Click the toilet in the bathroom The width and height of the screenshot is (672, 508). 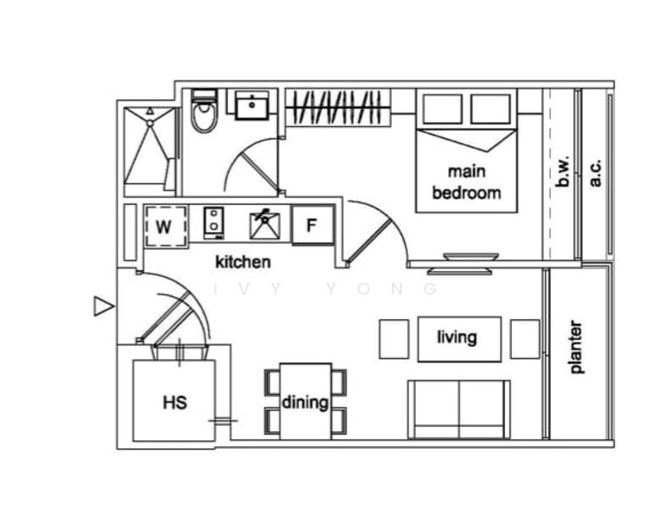click(x=203, y=111)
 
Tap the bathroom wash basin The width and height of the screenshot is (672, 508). click(x=252, y=105)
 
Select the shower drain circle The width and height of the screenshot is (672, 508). click(x=150, y=124)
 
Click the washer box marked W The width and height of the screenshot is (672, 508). click(x=166, y=226)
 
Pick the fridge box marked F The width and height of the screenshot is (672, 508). click(x=313, y=225)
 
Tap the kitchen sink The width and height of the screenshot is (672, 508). click(x=265, y=224)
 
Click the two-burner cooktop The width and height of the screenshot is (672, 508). click(x=214, y=224)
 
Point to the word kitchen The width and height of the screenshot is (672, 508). click(x=243, y=262)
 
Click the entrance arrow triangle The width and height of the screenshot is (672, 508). click(x=103, y=306)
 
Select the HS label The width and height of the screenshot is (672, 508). click(x=175, y=403)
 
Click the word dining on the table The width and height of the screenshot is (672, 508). click(x=305, y=402)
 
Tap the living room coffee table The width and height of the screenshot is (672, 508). click(x=459, y=340)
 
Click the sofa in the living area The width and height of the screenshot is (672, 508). click(x=459, y=410)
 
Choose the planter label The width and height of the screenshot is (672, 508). click(x=577, y=347)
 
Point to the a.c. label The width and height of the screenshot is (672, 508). click(x=596, y=173)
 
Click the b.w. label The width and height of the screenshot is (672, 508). click(x=564, y=171)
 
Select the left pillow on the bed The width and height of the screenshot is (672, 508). click(x=442, y=109)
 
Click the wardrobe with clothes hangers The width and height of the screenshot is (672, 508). click(x=339, y=107)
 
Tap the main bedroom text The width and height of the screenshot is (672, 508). click(x=467, y=183)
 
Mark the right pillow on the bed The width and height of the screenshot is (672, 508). click(x=491, y=109)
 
